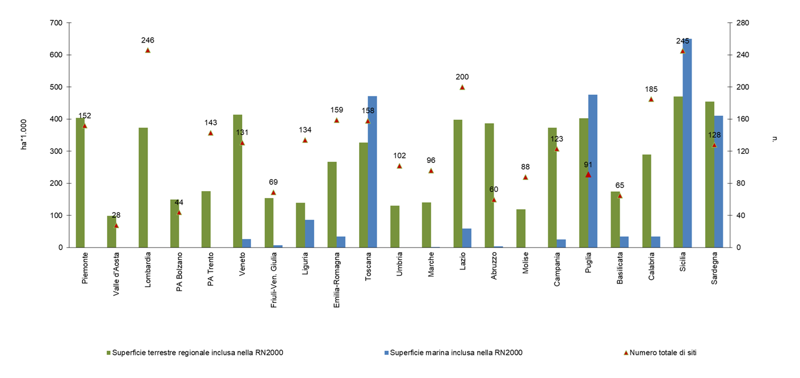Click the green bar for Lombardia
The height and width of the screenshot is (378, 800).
pos(143,188)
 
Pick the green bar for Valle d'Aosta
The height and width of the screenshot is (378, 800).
pos(111,232)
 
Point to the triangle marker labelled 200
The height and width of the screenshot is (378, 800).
pos(462,87)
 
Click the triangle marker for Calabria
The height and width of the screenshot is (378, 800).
pos(651,99)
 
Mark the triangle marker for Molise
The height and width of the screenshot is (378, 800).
pos(525,177)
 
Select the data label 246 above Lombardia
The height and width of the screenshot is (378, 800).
pos(148,40)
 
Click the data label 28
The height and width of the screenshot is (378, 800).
pos(116,215)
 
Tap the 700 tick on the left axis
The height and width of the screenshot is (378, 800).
pos(56,23)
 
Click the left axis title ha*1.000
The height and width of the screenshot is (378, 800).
pos(24,135)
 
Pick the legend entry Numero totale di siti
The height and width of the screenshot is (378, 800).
pos(663,352)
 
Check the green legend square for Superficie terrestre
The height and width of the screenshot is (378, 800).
pos(108,353)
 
